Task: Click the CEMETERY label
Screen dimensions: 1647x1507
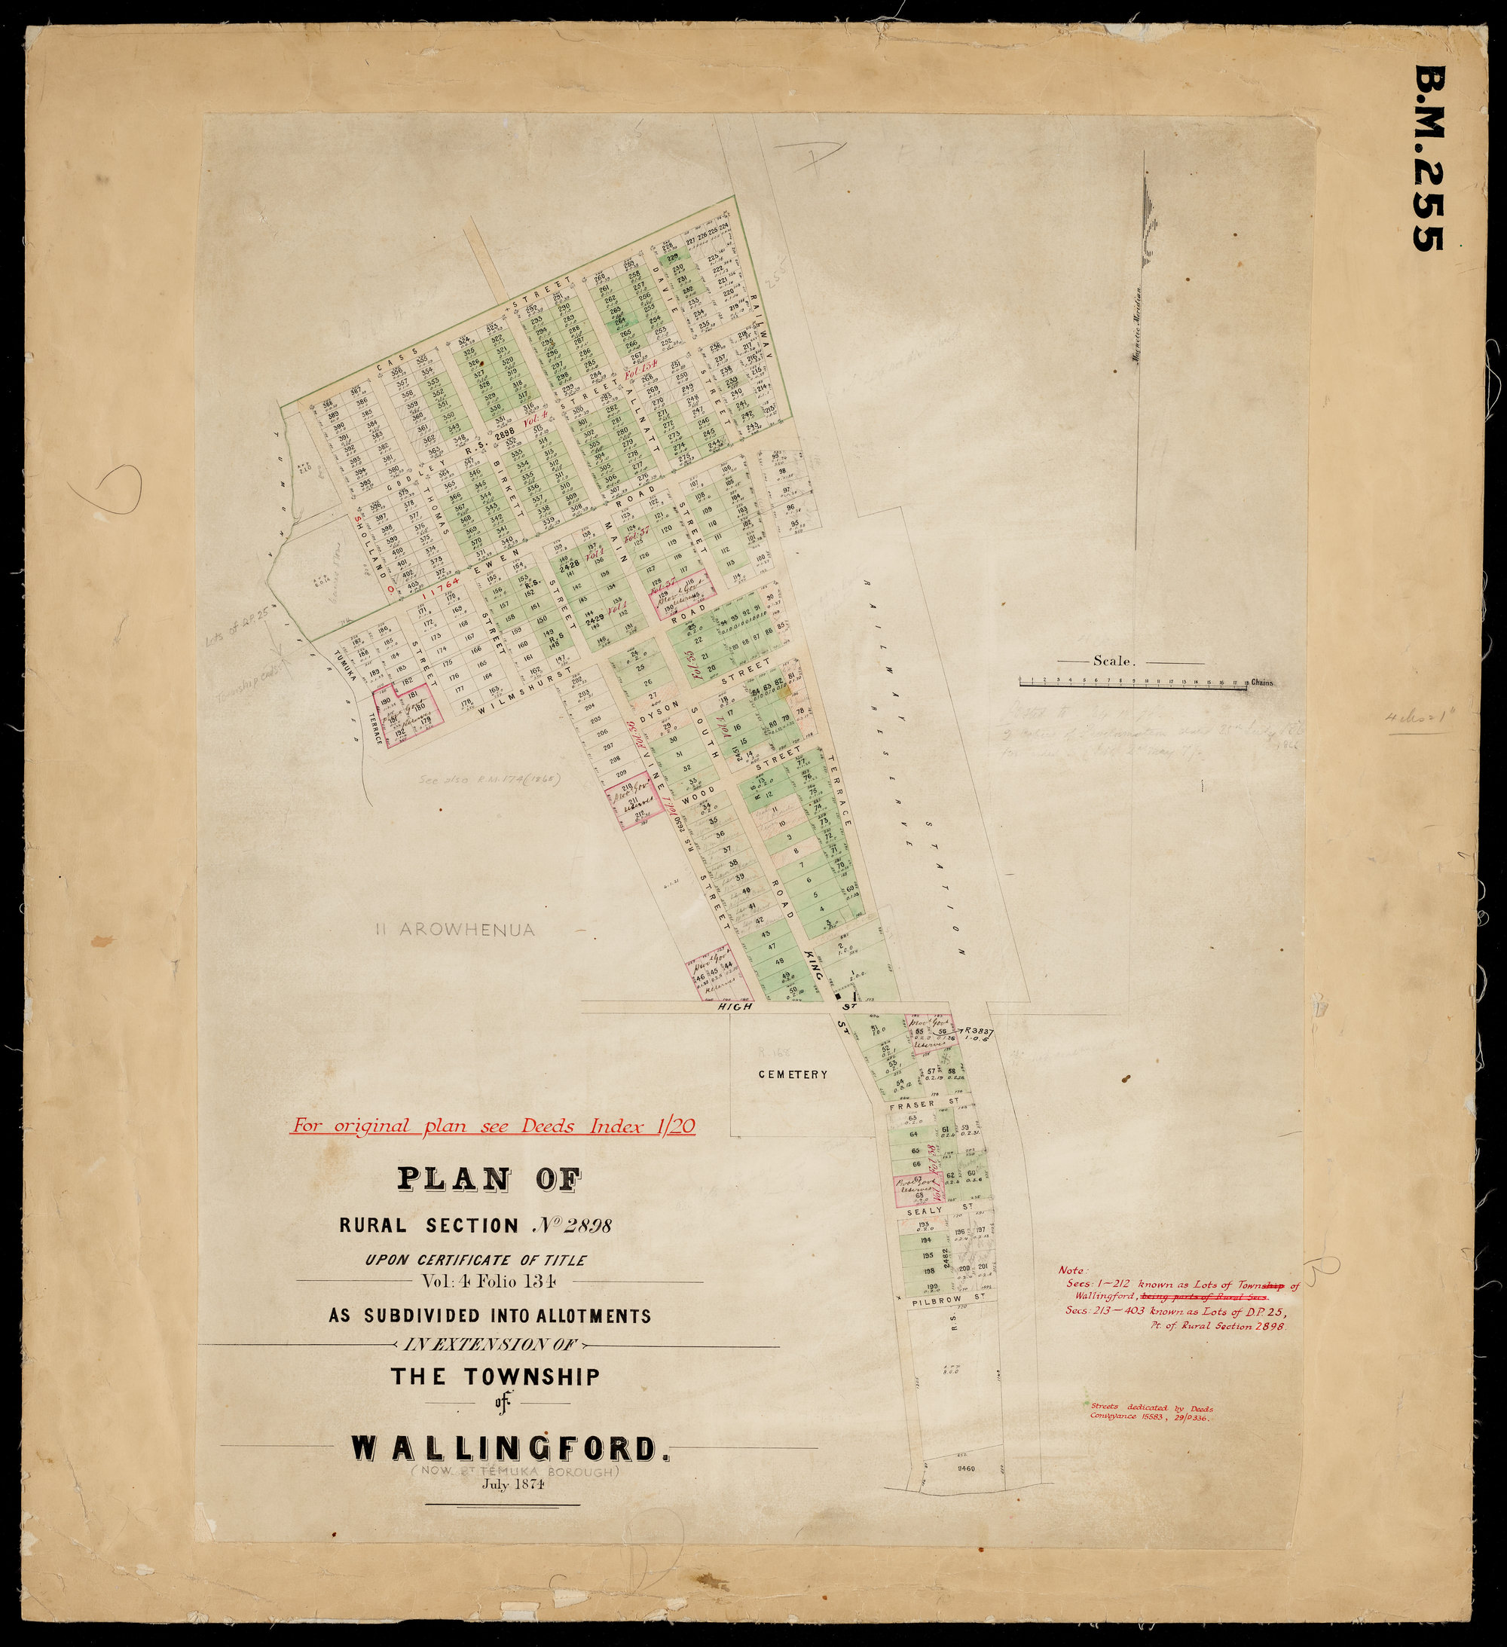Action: click(791, 1074)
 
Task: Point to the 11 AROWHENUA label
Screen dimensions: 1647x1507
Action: click(454, 930)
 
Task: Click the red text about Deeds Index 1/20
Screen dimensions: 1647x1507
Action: click(494, 1126)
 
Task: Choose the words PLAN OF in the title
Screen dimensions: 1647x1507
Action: click(490, 1179)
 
